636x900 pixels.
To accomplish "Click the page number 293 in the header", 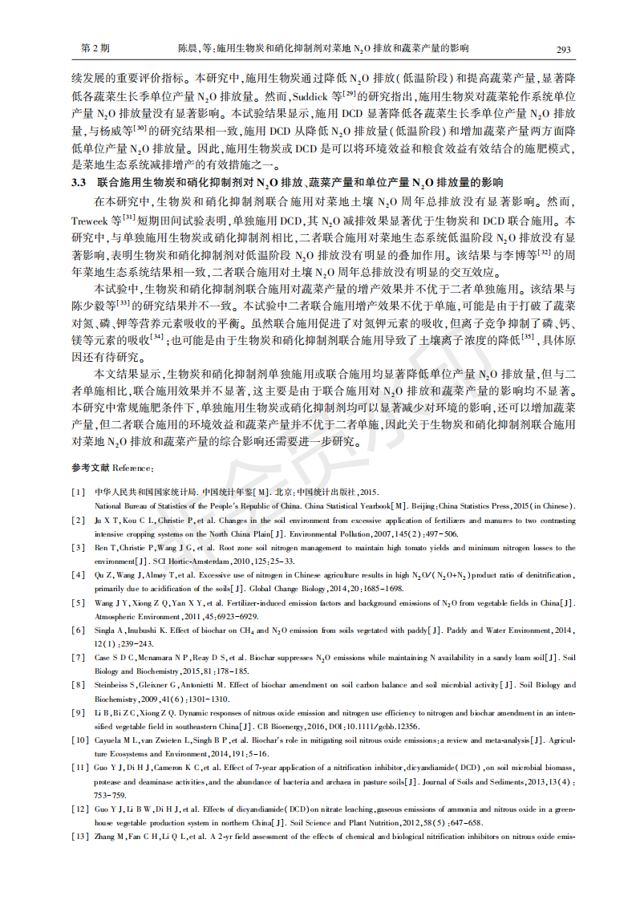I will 563,49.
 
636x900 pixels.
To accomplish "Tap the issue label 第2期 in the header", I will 95,49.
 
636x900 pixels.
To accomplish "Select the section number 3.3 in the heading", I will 78,183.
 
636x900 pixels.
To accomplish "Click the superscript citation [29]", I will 350,91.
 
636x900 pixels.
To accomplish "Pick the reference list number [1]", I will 78,492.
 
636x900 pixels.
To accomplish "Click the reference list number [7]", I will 78,658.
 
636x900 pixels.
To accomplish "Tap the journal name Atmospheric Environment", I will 132,616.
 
